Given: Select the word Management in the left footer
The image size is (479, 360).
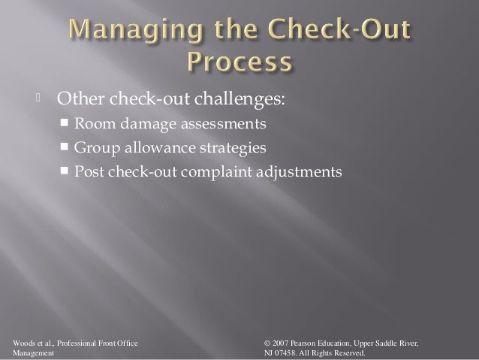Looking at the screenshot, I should [x=28, y=353].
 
